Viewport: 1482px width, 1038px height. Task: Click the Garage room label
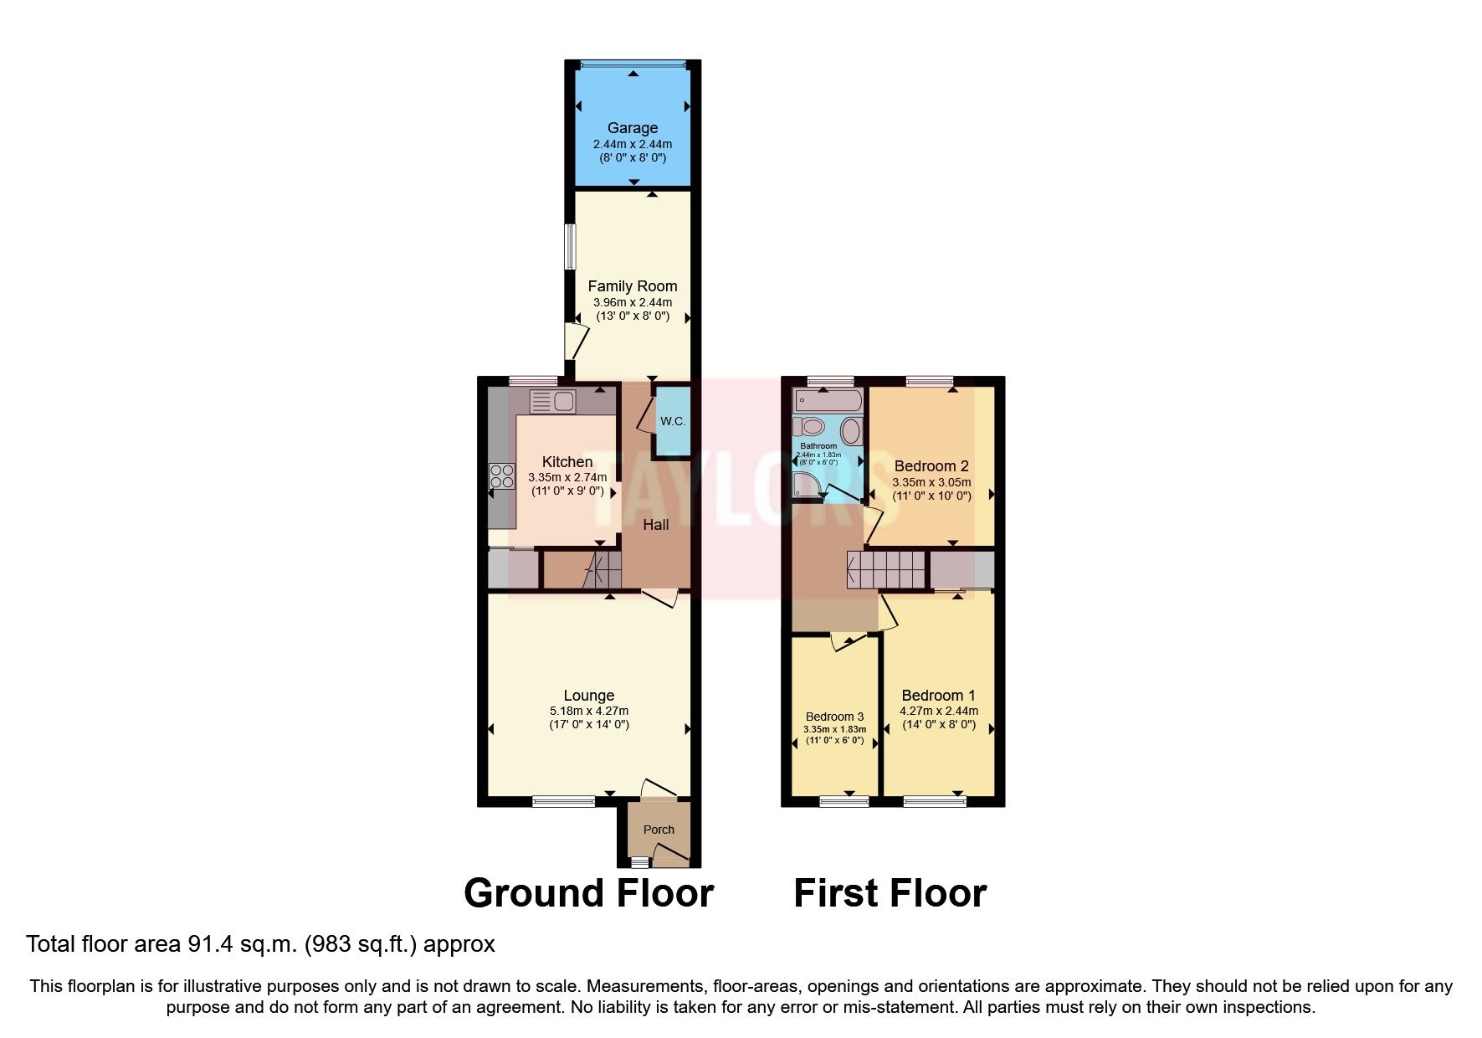(632, 128)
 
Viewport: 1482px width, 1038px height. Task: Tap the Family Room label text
(632, 286)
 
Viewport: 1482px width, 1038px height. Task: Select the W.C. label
(673, 421)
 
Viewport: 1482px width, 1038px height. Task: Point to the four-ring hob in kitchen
(502, 476)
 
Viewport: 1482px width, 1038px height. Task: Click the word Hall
(656, 525)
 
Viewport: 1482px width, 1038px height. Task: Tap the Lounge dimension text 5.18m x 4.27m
(589, 711)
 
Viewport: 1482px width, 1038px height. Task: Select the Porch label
(659, 830)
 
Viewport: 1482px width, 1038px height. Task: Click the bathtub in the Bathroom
(827, 401)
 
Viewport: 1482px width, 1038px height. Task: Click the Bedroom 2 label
(931, 466)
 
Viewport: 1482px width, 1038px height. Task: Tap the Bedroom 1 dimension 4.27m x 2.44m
(938, 711)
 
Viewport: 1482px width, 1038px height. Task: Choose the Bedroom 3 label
(834, 717)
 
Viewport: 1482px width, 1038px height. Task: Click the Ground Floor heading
(588, 893)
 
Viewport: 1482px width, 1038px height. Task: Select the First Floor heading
(890, 893)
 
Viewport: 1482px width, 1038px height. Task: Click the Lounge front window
(563, 801)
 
